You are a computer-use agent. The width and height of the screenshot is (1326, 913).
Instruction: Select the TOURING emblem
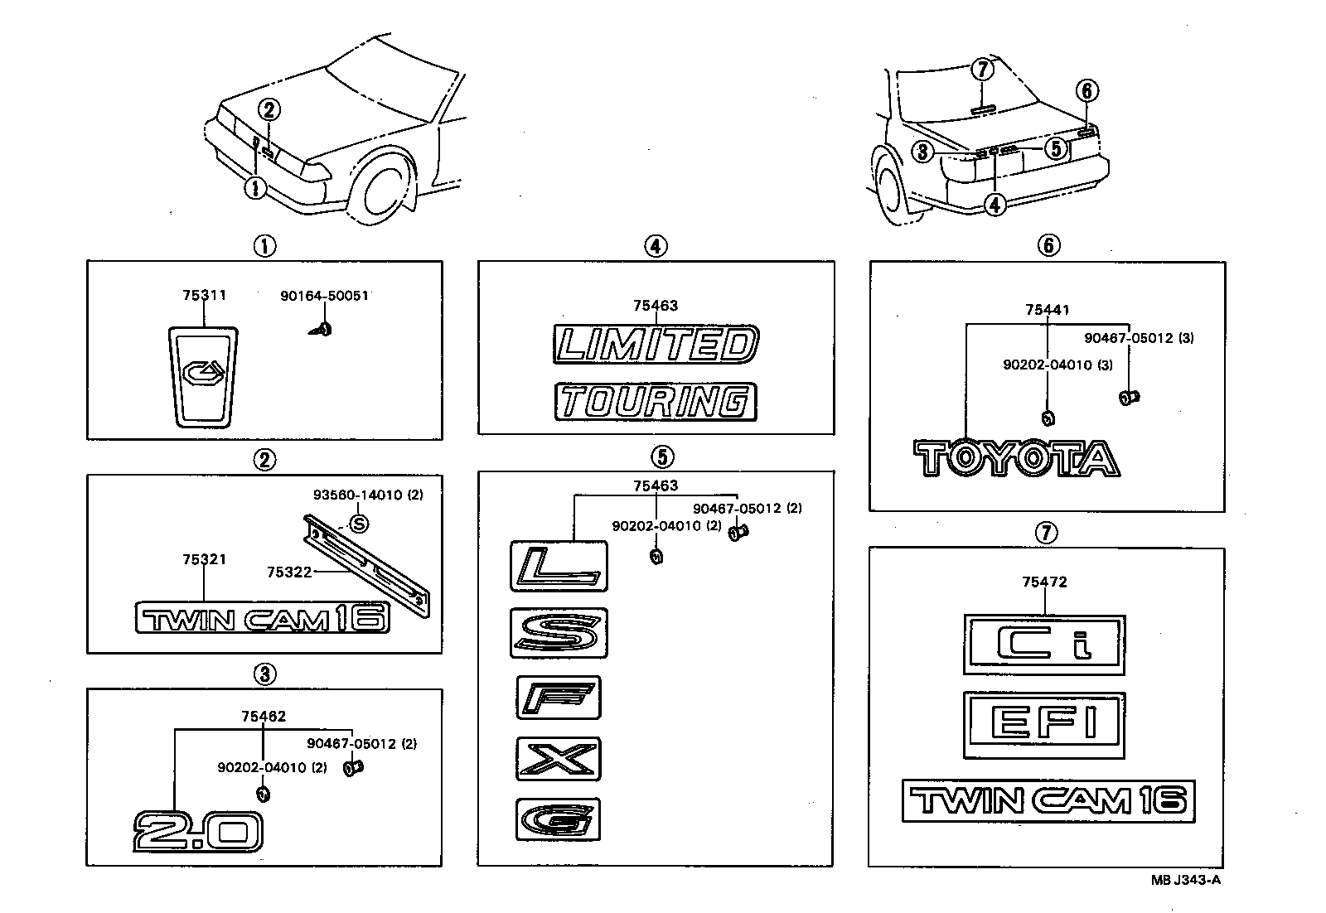click(655, 402)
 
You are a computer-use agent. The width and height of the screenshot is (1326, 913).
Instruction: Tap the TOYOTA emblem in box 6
click(1017, 458)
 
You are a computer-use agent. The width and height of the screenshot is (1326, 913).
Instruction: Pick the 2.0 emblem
click(198, 831)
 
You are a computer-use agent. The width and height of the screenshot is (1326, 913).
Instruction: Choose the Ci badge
click(1044, 645)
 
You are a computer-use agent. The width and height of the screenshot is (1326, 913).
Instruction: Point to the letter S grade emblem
click(559, 634)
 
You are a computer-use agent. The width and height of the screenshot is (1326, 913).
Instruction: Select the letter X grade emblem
click(558, 758)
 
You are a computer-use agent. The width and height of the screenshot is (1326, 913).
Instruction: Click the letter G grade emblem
click(558, 819)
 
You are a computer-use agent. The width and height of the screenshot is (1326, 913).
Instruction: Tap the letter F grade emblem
click(558, 698)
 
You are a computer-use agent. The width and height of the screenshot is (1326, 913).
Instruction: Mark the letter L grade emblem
click(559, 567)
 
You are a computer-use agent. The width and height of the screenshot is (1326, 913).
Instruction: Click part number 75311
click(204, 295)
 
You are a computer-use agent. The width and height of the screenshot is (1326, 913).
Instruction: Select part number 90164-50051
click(324, 295)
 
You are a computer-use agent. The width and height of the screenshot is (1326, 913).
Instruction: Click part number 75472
click(1044, 582)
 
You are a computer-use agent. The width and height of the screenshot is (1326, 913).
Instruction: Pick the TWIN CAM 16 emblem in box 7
click(1048, 800)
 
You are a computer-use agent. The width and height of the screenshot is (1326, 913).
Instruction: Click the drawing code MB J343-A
click(1184, 880)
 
